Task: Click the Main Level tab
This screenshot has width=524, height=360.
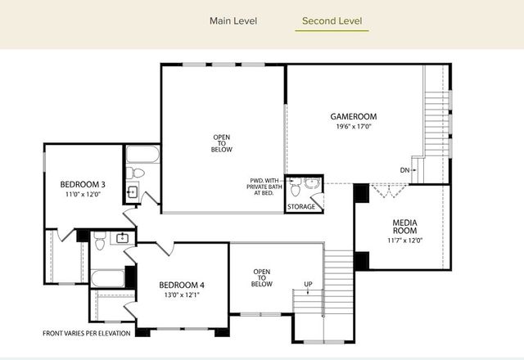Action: pos(233,20)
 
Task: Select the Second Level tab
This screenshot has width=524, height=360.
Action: pos(332,20)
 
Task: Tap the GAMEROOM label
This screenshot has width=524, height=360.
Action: pos(353,116)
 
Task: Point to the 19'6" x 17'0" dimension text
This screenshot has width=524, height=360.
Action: pos(353,127)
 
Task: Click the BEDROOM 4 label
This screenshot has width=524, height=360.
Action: pos(181,285)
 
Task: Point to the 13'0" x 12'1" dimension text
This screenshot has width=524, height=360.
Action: pos(181,295)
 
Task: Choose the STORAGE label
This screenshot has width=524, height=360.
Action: pos(301,207)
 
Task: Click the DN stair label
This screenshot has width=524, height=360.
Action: pos(404,170)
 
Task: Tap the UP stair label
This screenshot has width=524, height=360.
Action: pos(308,285)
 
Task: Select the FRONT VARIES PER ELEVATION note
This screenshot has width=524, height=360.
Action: pos(88,334)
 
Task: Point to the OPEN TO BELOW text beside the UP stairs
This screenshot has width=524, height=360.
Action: pos(261,277)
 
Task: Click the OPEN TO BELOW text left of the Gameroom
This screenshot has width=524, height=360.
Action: pos(222,144)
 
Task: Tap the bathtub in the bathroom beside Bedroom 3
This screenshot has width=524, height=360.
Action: pos(142,154)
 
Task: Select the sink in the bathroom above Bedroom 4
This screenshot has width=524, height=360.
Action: pos(122,238)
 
